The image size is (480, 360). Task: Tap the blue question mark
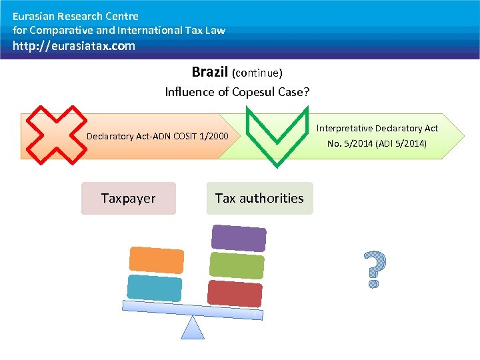pyautogui.click(x=375, y=269)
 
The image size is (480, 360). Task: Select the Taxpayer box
pyautogui.click(x=128, y=199)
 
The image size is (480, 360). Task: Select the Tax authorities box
pyautogui.click(x=259, y=199)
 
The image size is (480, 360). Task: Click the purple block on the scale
pyautogui.click(x=238, y=237)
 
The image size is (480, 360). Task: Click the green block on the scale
pyautogui.click(x=237, y=265)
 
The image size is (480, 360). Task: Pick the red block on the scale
pyautogui.click(x=235, y=293)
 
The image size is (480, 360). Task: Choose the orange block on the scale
pyautogui.click(x=155, y=259)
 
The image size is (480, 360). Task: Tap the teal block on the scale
pyautogui.click(x=154, y=288)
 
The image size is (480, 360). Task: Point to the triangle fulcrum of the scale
pyautogui.click(x=193, y=327)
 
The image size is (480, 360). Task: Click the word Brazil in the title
pyautogui.click(x=210, y=71)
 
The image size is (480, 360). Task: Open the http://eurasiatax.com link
pyautogui.click(x=73, y=46)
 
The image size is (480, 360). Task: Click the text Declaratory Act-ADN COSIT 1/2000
pyautogui.click(x=157, y=137)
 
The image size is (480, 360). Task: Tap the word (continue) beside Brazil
pyautogui.click(x=257, y=73)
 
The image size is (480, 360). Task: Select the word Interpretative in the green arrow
pyautogui.click(x=344, y=128)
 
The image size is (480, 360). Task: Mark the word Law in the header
pyautogui.click(x=216, y=30)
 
